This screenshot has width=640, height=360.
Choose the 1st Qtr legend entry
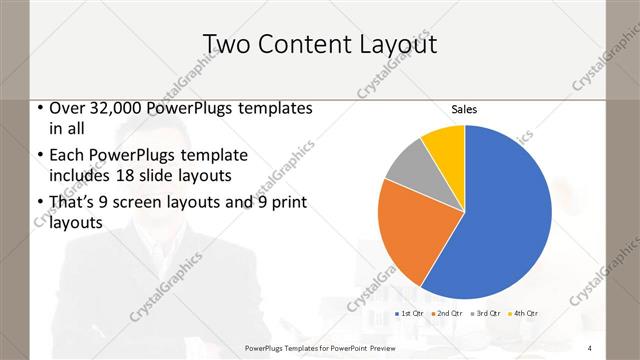pos(411,314)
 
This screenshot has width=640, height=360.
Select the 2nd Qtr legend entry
pos(449,314)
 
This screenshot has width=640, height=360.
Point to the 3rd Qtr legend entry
pos(487,314)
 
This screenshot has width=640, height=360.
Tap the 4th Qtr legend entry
pos(524,314)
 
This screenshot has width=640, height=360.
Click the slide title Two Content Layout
pos(320,44)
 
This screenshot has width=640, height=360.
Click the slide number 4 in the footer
pos(590,347)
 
